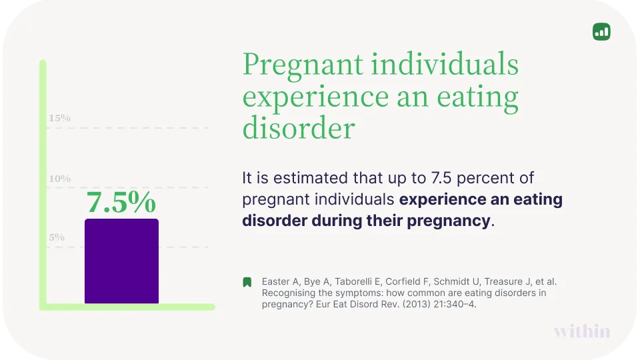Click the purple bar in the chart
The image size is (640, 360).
click(121, 261)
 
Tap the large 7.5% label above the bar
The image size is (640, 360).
click(121, 203)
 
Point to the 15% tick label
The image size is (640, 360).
click(59, 119)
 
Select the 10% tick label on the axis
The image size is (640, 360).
click(59, 179)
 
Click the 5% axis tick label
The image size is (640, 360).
click(57, 237)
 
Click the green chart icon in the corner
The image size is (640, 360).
click(601, 31)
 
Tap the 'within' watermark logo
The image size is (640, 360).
click(581, 331)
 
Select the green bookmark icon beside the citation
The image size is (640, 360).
click(247, 282)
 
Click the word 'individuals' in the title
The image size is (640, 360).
click(445, 65)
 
